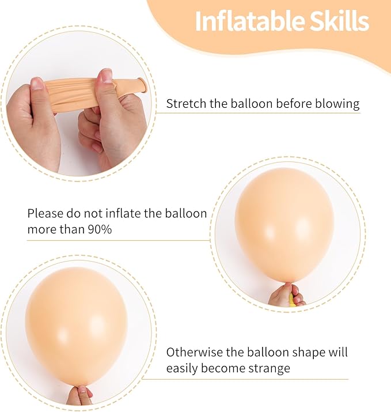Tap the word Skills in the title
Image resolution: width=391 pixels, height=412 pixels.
pyautogui.click(x=340, y=21)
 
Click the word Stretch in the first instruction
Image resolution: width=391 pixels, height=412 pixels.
pyautogui.click(x=185, y=104)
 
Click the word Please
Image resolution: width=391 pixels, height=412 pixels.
pyautogui.click(x=45, y=214)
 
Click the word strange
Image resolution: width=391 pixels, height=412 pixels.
pyautogui.click(x=270, y=368)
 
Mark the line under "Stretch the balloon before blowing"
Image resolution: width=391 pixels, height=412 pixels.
pyautogui.click(x=259, y=113)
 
